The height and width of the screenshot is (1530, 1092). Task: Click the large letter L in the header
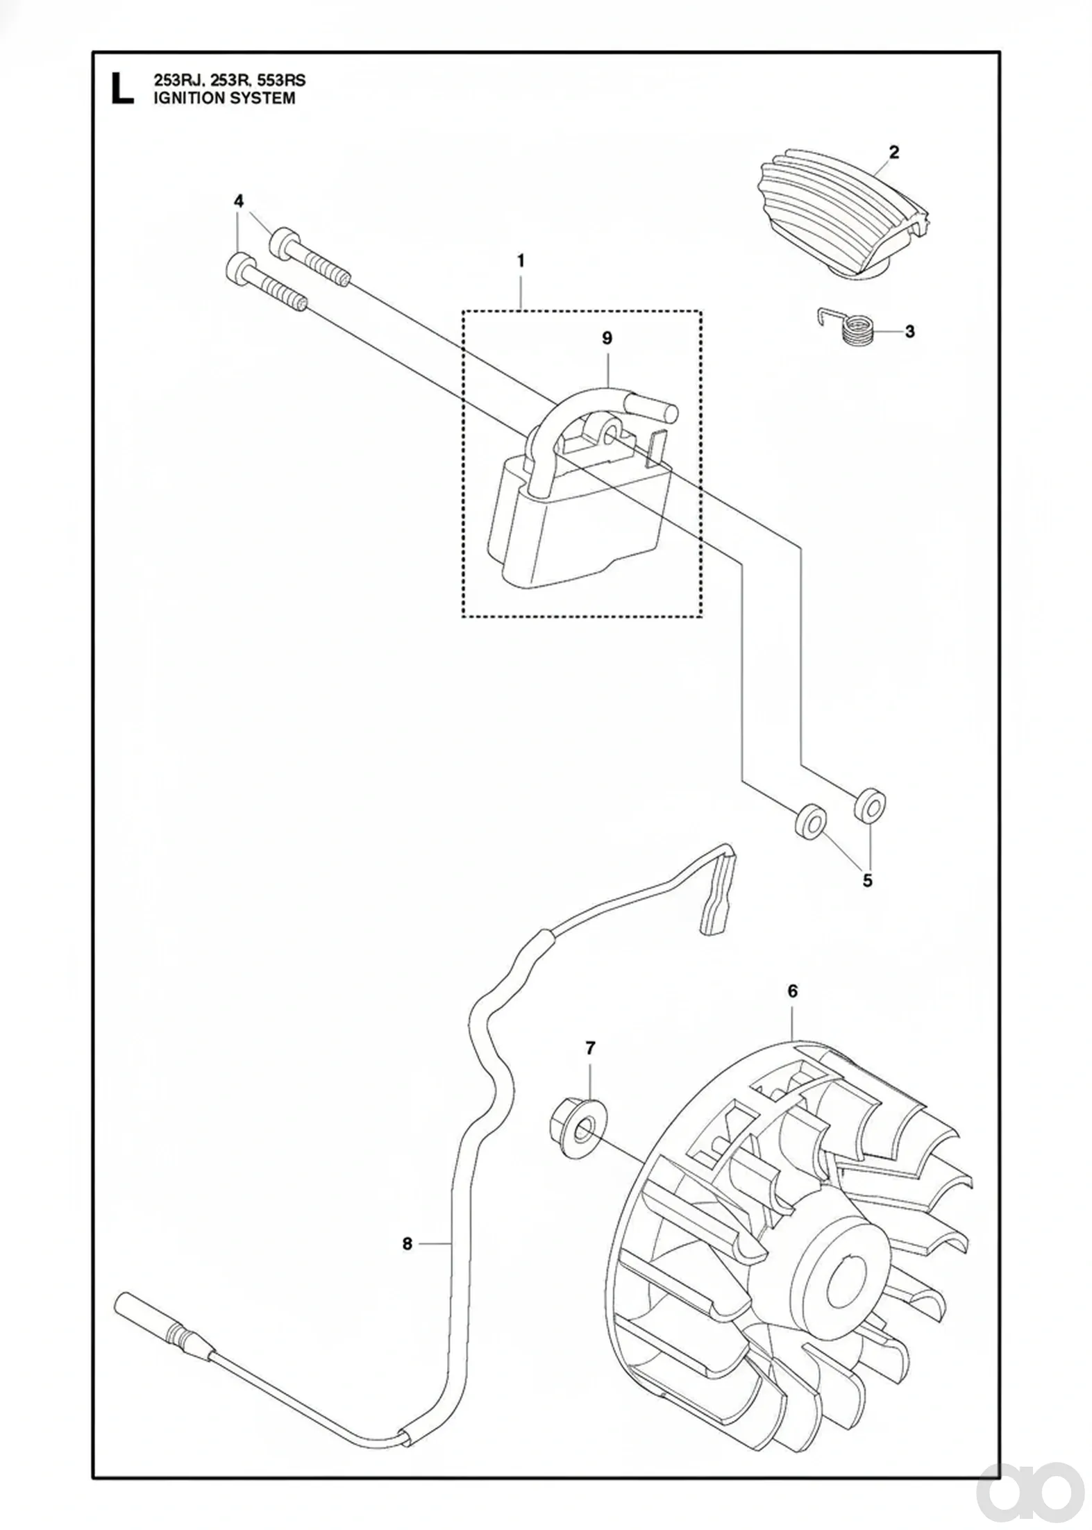pos(122,90)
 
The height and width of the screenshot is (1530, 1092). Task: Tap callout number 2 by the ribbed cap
pos(893,152)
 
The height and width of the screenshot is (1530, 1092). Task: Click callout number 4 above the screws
pos(239,201)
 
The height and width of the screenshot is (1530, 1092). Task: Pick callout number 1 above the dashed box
pos(521,261)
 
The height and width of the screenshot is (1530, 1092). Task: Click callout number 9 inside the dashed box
pos(607,338)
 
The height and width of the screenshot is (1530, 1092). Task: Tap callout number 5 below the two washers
pos(867,881)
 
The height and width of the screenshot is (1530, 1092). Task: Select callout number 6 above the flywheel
pos(793,991)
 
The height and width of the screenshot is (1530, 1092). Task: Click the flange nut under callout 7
pos(577,1133)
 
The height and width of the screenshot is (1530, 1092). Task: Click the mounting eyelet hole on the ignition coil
pos(610,434)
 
